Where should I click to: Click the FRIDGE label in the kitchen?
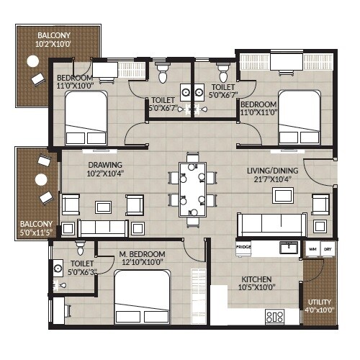(243, 248)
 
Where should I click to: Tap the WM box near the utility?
(312, 248)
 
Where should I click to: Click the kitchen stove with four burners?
(274, 315)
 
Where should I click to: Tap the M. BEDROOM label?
(142, 255)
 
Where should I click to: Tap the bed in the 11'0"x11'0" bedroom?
(299, 117)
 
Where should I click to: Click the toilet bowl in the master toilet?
(81, 249)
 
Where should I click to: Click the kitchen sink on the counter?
(288, 248)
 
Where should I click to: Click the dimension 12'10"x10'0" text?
(142, 263)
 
